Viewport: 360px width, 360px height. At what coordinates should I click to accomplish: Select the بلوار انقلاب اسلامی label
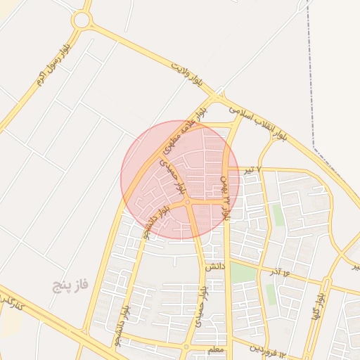pyautogui.click(x=264, y=126)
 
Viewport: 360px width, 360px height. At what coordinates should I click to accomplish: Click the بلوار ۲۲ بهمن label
pyautogui.click(x=226, y=198)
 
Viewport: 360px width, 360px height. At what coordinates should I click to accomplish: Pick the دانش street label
pyautogui.click(x=214, y=267)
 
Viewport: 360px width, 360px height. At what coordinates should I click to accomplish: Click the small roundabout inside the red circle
pyautogui.click(x=188, y=202)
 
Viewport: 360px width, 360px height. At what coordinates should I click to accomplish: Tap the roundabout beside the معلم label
pyautogui.click(x=186, y=346)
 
